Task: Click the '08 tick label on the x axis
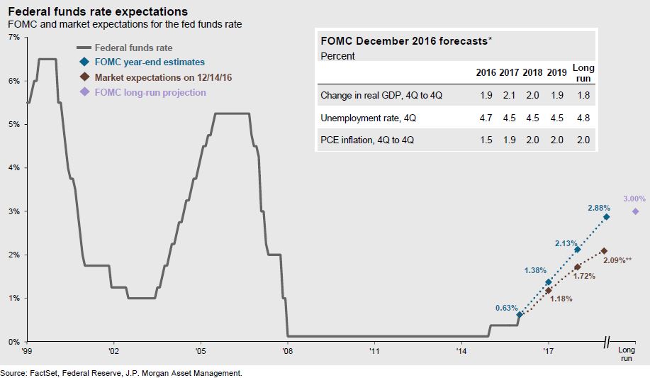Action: click(287, 350)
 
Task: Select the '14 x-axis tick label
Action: click(461, 350)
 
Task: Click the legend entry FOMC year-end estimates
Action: click(149, 62)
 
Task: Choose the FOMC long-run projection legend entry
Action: click(150, 92)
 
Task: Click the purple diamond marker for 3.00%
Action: click(635, 211)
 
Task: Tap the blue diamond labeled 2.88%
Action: click(607, 216)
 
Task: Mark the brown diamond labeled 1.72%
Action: click(578, 267)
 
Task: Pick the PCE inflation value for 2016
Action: click(486, 140)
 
